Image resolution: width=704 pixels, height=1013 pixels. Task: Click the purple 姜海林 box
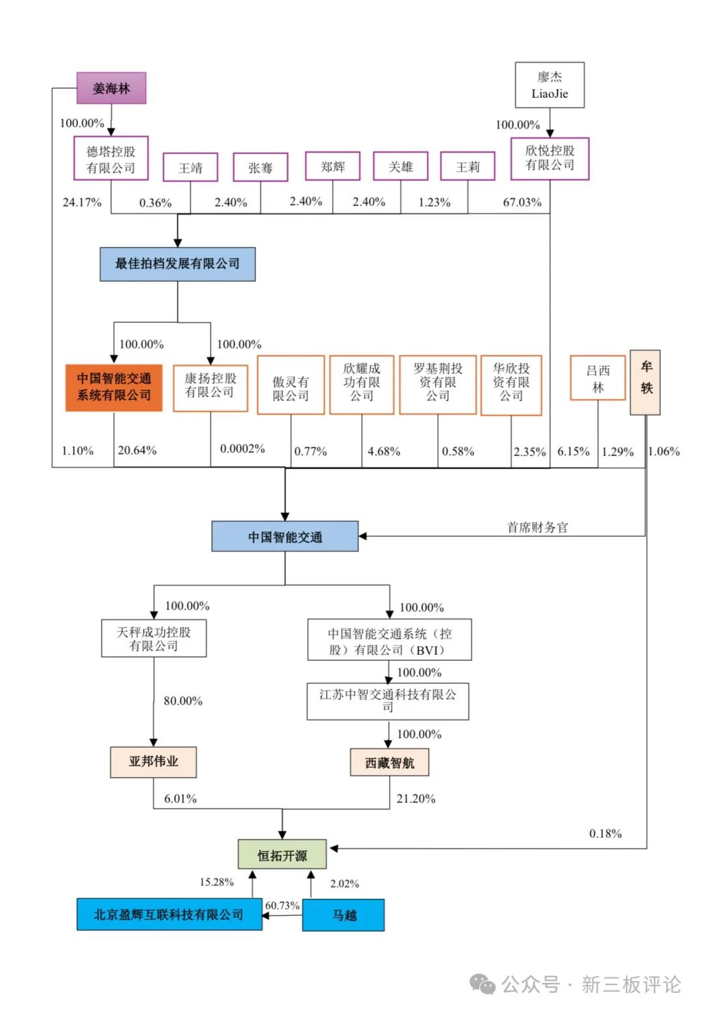pos(111,88)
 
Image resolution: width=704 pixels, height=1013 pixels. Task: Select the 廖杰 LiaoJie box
pos(550,85)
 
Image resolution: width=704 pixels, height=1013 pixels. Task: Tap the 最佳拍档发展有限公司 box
pos(177,264)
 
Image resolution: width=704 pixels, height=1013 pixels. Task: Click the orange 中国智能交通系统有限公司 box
pos(114,387)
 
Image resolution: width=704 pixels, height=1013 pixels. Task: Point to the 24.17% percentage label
pos(82,202)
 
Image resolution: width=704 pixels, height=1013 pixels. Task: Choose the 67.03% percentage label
pos(522,202)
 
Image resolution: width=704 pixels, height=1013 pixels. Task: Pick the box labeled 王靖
pos(190,168)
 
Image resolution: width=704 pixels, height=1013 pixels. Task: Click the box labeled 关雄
pos(400,166)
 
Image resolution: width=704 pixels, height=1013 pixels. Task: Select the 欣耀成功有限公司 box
pos(362,384)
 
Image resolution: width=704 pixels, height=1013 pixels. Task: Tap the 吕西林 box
pos(598,378)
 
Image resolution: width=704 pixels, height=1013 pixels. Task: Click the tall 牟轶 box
pos(645,382)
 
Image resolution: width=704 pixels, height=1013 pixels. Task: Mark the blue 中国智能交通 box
pos(285,536)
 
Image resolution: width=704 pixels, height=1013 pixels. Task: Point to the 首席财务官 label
pos(538,527)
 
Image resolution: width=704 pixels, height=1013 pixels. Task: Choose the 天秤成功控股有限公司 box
pos(154,639)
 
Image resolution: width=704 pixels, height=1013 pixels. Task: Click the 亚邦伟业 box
pos(153,761)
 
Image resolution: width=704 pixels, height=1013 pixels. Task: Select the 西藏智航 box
pos(389,763)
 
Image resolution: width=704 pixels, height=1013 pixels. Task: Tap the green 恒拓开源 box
pos(282,854)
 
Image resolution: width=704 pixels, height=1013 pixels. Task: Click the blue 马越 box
pos(344,915)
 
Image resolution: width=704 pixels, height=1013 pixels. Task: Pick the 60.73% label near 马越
pos(282,905)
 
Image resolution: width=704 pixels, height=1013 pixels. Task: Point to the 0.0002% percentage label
pos(242,449)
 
